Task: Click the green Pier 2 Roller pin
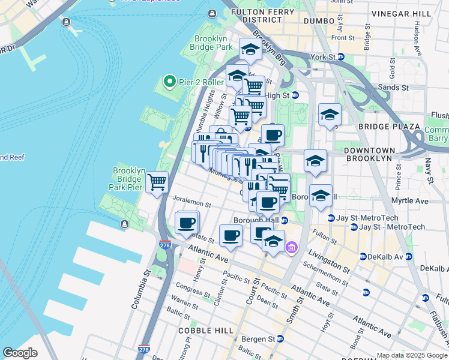[169, 82]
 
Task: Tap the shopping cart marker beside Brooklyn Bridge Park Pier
[157, 181]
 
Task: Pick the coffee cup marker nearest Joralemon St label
[186, 223]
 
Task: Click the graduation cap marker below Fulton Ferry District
[250, 49]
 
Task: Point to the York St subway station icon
[340, 57]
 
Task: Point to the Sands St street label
[395, 88]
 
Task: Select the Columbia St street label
[140, 287]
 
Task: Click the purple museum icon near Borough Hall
[292, 247]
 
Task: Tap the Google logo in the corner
[20, 352]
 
